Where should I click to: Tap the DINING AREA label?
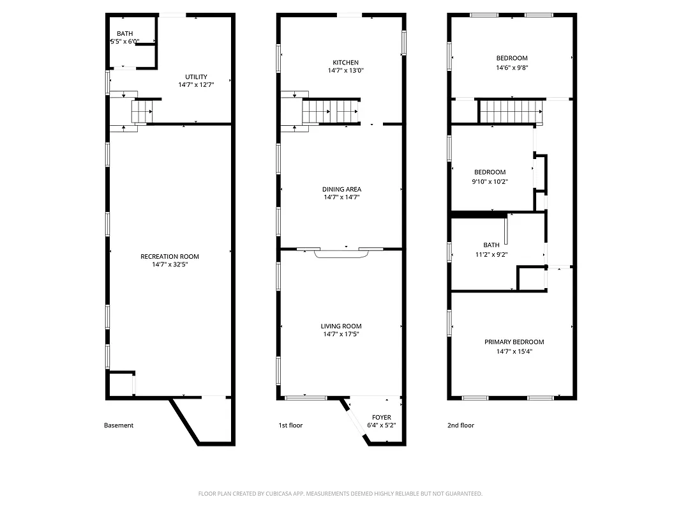point(341,189)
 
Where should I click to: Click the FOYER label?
point(382,417)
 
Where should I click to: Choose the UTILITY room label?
point(196,77)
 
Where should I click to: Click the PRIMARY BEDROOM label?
point(514,342)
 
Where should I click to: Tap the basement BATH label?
point(124,33)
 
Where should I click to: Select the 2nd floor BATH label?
point(491,245)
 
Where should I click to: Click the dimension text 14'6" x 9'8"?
point(512,67)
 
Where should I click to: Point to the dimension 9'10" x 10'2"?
point(490,181)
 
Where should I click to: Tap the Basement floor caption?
point(119,425)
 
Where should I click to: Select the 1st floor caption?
point(290,425)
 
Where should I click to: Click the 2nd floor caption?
point(461,425)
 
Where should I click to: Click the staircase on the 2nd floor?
point(511,112)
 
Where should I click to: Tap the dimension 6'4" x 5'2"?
point(382,426)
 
